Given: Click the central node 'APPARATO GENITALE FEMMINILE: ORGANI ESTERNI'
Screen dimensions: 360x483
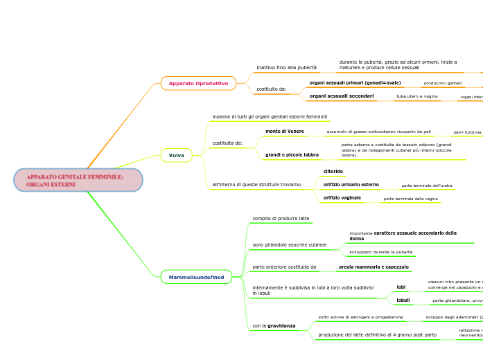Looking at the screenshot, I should coord(78,180).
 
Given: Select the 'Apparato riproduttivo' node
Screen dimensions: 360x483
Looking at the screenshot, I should coord(198,83).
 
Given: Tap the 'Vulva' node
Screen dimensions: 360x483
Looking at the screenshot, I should coord(177,155).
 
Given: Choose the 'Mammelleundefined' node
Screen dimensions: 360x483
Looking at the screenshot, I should coord(197,277).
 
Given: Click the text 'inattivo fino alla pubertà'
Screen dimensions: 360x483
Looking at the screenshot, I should coord(286,67).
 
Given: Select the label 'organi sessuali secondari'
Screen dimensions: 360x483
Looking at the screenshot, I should coord(341,96).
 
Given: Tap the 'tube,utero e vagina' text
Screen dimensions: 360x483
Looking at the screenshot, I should coord(416,96).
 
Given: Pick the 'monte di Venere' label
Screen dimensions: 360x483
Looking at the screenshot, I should coord(284,131).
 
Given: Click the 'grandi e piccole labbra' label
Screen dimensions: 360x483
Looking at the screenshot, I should coord(292,155).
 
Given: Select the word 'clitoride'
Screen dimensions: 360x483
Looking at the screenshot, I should coord(333,171).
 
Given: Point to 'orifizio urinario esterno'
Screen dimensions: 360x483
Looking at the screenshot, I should coord(351,185).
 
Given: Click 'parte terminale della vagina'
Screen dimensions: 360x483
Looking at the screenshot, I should coord(410,199).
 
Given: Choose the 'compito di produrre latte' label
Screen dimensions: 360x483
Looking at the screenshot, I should coord(281,218).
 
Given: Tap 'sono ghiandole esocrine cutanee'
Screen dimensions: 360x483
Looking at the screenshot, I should coord(289,244).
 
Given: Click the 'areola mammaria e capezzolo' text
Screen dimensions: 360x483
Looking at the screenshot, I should coord(373,267).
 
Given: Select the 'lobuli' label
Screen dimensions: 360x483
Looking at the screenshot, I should coord(403,300).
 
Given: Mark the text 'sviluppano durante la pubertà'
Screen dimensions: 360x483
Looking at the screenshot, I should coord(380,252).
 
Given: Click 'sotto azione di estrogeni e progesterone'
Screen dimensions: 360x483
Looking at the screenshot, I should coord(360,317).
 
